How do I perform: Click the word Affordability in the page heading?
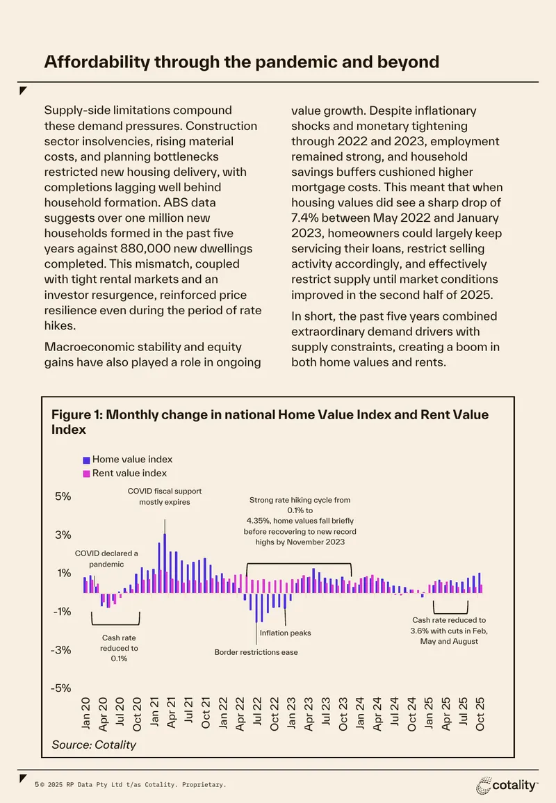pyautogui.click(x=97, y=62)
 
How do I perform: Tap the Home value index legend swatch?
pyautogui.click(x=86, y=460)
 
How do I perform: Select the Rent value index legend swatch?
pyautogui.click(x=86, y=473)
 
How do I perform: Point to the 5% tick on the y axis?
pyautogui.click(x=63, y=496)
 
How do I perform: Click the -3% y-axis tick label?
pyautogui.click(x=61, y=650)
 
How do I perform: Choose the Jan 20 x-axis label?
pyautogui.click(x=85, y=713)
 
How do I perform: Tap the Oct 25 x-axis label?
pyautogui.click(x=480, y=714)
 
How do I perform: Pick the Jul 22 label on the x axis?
pyautogui.click(x=257, y=711)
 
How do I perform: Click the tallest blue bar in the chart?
pyautogui.click(x=165, y=563)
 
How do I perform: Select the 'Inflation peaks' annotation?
pyautogui.click(x=285, y=633)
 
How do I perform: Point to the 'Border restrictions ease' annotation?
pyautogui.click(x=256, y=652)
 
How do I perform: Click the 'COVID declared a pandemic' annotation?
pyautogui.click(x=106, y=559)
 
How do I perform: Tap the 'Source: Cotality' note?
pyautogui.click(x=94, y=745)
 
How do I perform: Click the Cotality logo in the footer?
pyautogui.click(x=507, y=785)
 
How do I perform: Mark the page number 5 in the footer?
pyautogui.click(x=36, y=784)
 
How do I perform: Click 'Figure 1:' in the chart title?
pyautogui.click(x=76, y=415)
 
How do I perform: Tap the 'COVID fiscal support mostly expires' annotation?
pyautogui.click(x=164, y=496)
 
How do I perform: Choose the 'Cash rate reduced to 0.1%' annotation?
pyautogui.click(x=119, y=649)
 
